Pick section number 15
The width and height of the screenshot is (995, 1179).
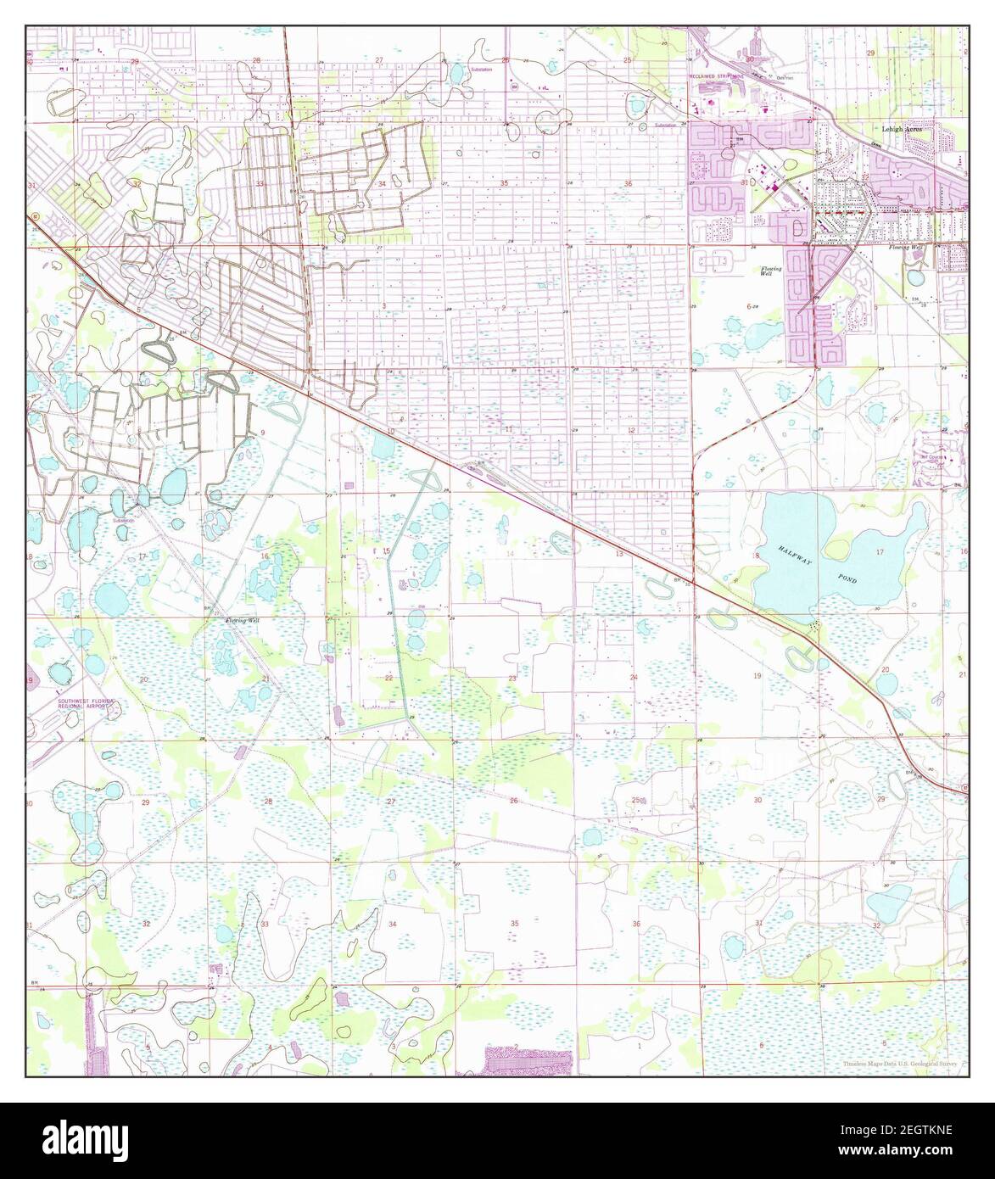pos(386,552)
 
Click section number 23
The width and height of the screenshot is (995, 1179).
pos(511,679)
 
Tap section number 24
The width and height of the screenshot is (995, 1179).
pos(634,677)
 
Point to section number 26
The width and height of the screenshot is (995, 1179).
pos(514,801)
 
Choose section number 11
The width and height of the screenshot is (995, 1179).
pos(507,430)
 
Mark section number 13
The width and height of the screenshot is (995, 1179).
pos(619,553)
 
